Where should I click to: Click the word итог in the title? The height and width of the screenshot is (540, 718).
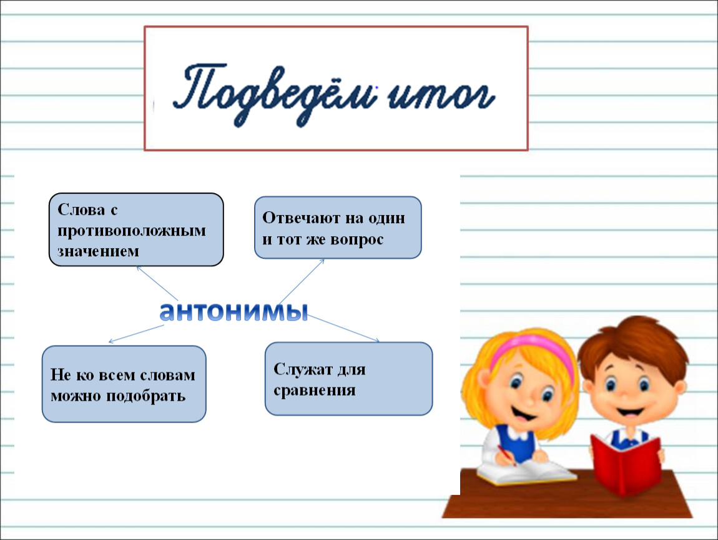click(441, 96)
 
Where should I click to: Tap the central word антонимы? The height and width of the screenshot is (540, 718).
click(234, 312)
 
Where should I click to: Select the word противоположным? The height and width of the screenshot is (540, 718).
click(131, 231)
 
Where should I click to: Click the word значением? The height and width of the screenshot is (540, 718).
click(98, 251)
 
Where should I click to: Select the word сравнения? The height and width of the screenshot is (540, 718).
click(314, 391)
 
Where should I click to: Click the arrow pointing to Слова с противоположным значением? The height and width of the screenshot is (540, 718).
click(157, 283)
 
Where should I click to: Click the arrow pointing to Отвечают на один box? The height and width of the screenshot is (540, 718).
click(302, 281)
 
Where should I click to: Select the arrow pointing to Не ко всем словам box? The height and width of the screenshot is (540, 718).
click(136, 334)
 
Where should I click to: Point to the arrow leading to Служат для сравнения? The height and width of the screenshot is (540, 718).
click(343, 328)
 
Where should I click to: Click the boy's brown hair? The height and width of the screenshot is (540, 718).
click(634, 341)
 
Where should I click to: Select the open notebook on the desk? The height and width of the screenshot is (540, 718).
click(526, 472)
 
